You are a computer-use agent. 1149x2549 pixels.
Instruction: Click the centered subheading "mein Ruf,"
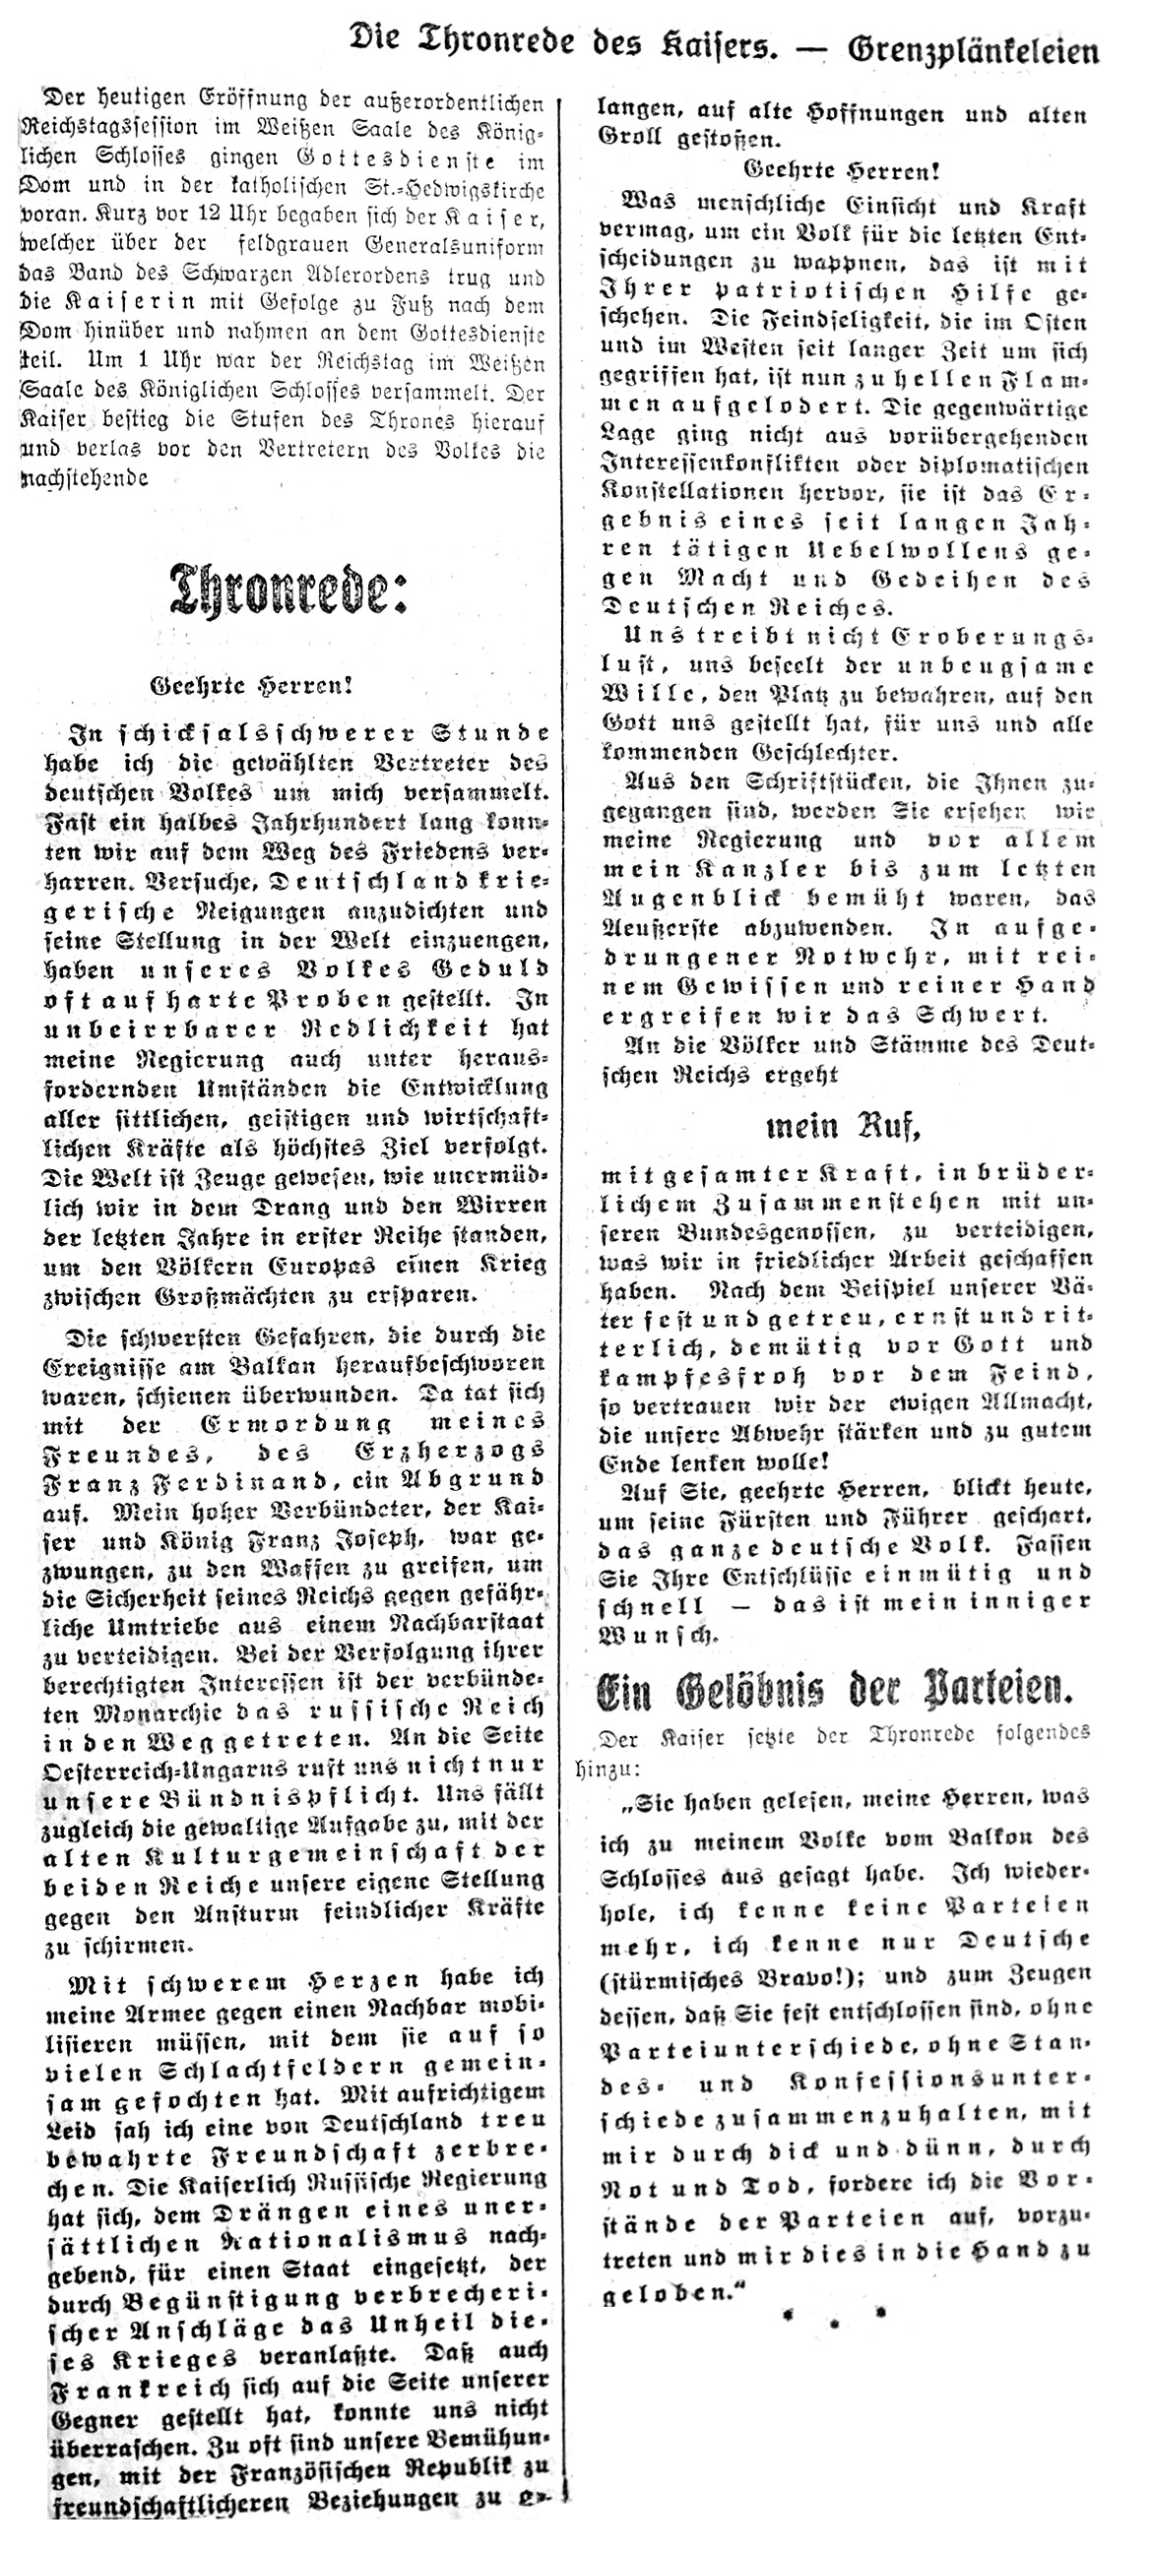tap(843, 1127)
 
